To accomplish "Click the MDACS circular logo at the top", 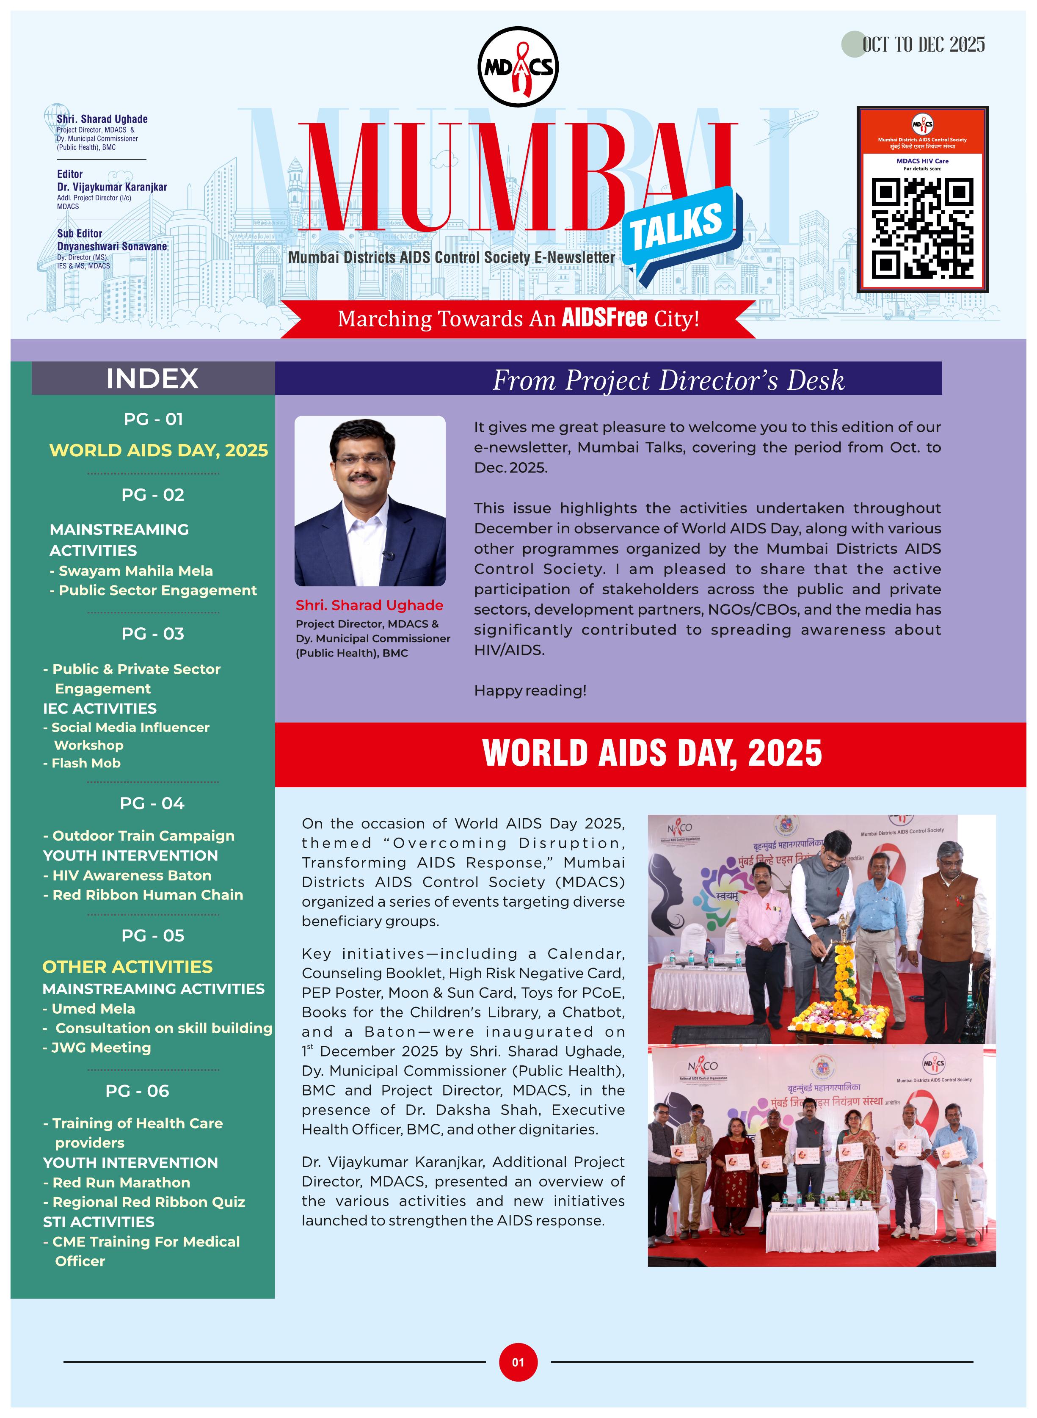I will point(518,66).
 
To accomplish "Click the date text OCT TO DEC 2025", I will point(923,44).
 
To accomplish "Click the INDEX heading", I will point(152,378).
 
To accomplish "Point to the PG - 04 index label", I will point(152,803).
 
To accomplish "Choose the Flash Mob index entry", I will point(85,763).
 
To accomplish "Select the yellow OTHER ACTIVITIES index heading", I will point(127,967).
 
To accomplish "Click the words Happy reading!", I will point(530,690).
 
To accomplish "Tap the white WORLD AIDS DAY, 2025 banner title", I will point(651,753).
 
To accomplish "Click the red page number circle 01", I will point(518,1362).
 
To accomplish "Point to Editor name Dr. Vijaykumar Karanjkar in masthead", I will point(112,187).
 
